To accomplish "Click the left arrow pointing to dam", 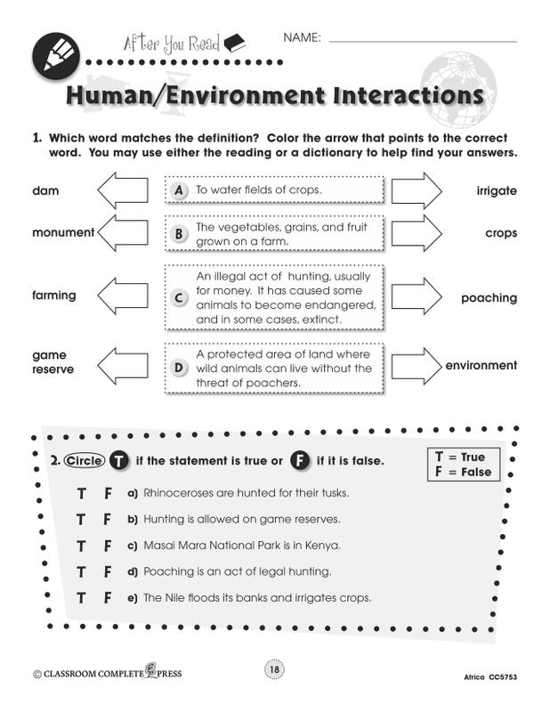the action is point(123,190).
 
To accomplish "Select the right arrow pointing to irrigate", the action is point(417,190).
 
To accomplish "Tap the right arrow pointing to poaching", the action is point(417,296).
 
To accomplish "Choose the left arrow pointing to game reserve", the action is point(123,366).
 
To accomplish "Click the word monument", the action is point(63,232).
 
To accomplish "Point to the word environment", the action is point(481,366).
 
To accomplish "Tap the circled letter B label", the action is point(179,234).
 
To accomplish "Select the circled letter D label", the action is point(179,368).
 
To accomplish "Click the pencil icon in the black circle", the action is point(56,56).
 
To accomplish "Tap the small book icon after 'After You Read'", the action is point(235,43).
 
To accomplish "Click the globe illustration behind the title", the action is point(457,88).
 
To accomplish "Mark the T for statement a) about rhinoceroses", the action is point(81,493).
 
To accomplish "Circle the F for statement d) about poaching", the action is point(107,571).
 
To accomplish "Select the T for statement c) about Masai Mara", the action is point(81,546).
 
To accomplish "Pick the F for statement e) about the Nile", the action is point(107,598).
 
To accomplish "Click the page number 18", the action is point(274,669).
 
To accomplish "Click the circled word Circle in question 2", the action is point(85,461).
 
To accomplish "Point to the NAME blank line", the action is point(423,42).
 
